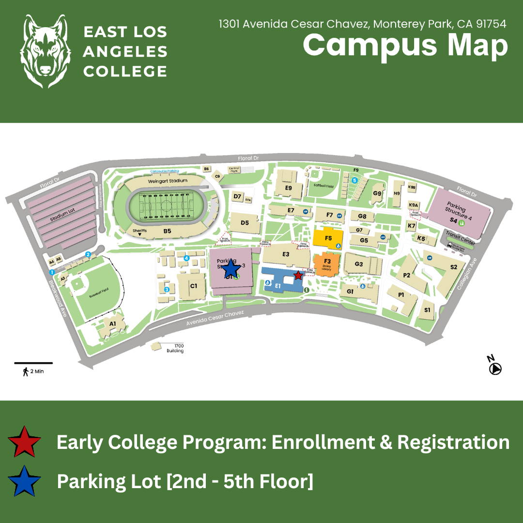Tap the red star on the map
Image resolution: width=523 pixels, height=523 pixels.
[x=298, y=275]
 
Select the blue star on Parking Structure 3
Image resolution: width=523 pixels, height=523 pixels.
[x=231, y=269]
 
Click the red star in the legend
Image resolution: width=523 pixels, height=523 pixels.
[x=24, y=442]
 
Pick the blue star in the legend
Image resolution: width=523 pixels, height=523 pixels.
[x=24, y=481]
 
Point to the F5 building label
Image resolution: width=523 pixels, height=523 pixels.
[x=328, y=238]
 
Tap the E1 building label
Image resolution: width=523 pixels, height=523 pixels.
[x=278, y=286]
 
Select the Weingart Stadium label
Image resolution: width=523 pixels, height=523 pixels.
[x=168, y=181]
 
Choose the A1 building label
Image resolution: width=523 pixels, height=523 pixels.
[x=113, y=323]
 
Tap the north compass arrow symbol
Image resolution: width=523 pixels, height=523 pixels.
[x=495, y=369]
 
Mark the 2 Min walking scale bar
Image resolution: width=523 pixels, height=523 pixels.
[x=33, y=363]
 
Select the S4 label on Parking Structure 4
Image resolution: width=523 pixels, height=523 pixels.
[x=453, y=220]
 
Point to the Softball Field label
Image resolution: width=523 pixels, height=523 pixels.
[x=323, y=185]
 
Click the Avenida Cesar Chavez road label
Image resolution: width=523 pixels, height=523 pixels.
[x=216, y=319]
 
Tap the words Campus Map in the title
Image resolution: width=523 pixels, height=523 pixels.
[x=405, y=45]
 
